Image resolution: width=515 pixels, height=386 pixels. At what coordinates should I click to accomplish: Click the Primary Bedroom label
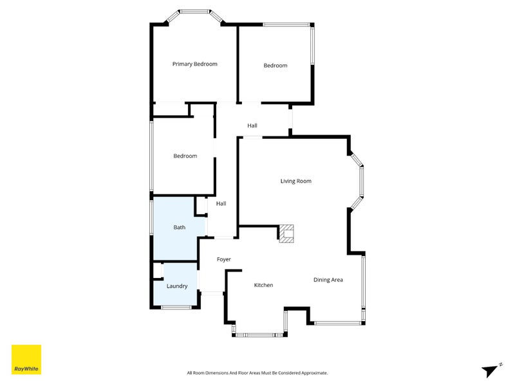pos(194,64)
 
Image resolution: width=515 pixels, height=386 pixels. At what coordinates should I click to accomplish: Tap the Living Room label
pos(295,181)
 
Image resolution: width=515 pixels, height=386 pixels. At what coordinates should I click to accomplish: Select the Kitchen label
pos(263,285)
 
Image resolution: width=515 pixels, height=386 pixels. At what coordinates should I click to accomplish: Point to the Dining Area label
pos(328,280)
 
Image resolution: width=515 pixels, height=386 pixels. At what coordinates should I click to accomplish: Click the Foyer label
pos(223,259)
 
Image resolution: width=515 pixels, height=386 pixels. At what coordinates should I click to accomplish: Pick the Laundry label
pos(177,286)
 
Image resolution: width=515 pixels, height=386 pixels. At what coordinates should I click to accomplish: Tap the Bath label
pos(180,227)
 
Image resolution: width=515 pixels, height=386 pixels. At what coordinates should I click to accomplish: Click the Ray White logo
pos(26,360)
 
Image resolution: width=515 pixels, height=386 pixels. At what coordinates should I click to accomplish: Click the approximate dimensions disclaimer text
pos(257,372)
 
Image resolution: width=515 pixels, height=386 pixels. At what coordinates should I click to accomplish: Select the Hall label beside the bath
pos(221,203)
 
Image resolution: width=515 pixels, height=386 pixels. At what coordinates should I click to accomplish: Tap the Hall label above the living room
pos(252,125)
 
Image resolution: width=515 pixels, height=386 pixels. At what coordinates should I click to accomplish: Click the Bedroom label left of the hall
pos(185,156)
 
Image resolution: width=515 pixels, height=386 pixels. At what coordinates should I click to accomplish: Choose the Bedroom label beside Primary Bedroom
pos(275,66)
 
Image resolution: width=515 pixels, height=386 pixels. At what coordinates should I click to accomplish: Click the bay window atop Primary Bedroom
pos(194,12)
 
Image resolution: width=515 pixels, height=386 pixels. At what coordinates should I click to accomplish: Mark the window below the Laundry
pos(176,308)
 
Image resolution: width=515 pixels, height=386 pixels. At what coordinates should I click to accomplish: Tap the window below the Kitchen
pos(256,335)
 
